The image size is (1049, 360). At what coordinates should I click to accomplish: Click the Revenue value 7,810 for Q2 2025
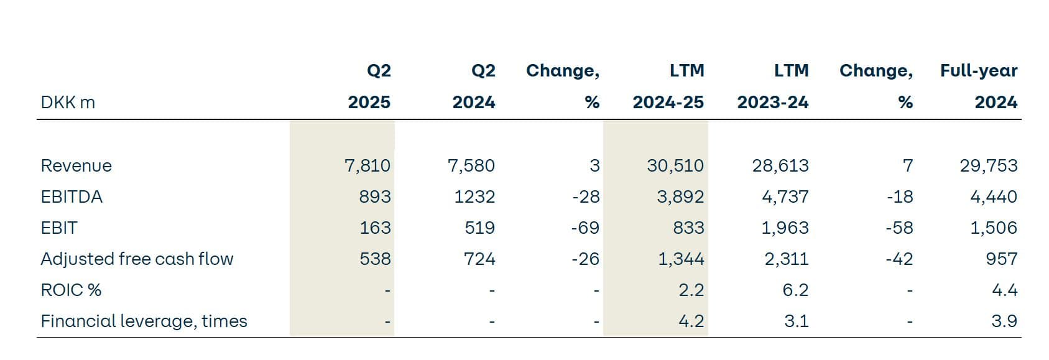click(367, 166)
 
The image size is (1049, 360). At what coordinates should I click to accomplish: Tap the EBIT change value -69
click(585, 228)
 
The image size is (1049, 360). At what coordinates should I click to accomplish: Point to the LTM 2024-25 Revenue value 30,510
click(675, 166)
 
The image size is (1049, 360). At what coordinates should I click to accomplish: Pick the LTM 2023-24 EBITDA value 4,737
click(785, 197)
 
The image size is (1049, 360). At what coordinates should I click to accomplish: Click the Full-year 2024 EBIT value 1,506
click(994, 228)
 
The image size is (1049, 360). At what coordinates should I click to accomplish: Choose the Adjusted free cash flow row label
click(137, 259)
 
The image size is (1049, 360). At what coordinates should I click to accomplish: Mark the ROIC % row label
click(71, 290)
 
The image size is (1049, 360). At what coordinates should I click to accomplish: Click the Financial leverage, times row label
click(144, 321)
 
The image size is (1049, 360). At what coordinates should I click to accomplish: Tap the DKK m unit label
click(68, 103)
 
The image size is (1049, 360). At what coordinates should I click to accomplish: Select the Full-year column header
click(979, 71)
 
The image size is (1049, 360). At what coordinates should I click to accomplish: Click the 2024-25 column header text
click(668, 103)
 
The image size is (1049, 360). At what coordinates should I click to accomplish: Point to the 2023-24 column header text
click(773, 103)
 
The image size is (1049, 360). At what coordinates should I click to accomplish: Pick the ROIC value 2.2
click(691, 290)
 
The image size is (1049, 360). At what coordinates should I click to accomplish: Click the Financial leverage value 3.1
click(796, 321)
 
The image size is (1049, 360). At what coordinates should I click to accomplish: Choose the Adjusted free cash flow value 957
click(1001, 259)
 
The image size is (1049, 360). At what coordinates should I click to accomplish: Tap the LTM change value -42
click(899, 259)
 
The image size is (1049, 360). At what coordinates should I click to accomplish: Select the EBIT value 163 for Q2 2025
click(375, 228)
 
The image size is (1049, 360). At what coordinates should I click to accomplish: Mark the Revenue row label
click(76, 166)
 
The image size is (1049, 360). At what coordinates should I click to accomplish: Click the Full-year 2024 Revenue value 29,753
click(989, 166)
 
